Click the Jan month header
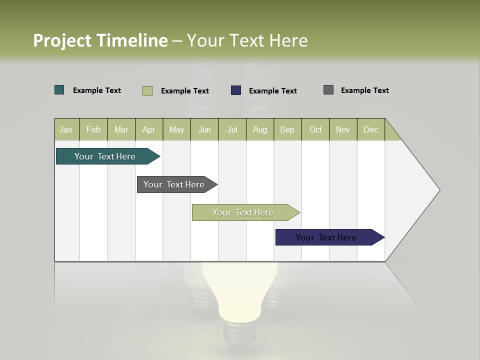coord(66,129)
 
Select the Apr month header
coord(148,129)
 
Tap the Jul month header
coord(232,129)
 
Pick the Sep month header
coord(287,129)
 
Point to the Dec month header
coord(370,129)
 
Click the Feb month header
coord(93,129)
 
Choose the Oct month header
coord(315,129)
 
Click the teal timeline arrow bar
coord(105,156)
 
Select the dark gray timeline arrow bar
coord(174,184)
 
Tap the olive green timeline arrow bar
coord(243,212)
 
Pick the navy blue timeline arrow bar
coord(326,237)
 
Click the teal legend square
coord(59,90)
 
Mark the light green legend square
coord(147,90)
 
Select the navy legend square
coord(236,90)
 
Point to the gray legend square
coord(328,90)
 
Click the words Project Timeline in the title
coord(100,40)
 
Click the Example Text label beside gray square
coord(364,90)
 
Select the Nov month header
coord(343,129)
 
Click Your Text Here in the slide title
coord(247,40)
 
